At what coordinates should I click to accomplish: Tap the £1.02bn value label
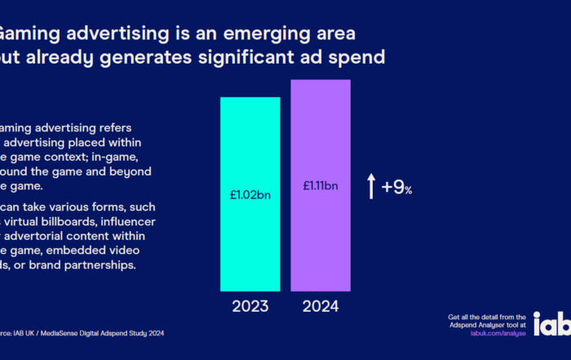pyautogui.click(x=250, y=194)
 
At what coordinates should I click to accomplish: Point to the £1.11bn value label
pyautogui.click(x=321, y=186)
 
